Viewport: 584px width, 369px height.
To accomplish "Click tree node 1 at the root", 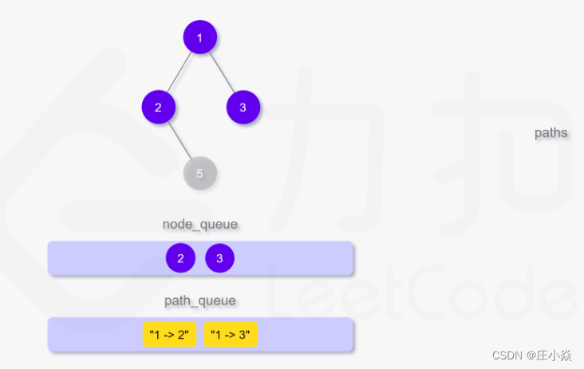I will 199,37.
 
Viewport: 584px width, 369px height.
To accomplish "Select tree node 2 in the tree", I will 158,107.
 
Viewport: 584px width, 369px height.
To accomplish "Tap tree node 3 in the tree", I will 243,107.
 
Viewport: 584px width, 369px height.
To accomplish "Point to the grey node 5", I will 199,173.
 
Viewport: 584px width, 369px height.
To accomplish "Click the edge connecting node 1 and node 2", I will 180,71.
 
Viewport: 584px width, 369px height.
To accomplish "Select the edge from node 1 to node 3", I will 222,72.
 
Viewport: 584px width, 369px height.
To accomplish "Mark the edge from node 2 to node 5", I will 180,141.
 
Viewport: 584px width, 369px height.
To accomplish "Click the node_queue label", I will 200,224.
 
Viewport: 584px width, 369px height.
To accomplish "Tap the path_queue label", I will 200,300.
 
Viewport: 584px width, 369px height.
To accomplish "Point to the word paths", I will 550,132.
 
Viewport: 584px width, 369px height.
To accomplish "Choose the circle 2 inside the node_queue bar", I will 180,258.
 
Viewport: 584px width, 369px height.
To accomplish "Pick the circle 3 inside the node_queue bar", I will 219,258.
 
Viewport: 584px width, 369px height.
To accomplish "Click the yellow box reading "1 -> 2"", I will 169,335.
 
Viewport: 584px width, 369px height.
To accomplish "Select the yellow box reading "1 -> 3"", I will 231,335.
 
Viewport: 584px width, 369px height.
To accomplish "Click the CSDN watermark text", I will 506,355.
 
